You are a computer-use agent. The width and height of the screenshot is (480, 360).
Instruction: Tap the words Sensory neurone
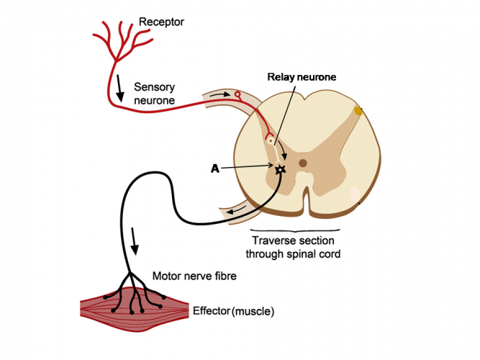click(x=154, y=94)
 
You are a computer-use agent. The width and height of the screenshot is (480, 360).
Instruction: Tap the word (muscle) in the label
click(x=253, y=312)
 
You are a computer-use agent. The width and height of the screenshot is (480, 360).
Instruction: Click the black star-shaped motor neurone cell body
click(x=280, y=170)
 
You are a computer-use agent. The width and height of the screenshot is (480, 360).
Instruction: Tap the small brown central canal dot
click(x=303, y=163)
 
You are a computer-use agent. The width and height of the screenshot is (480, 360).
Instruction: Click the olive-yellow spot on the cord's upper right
click(x=358, y=111)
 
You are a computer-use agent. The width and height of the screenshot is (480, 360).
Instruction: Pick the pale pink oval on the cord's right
click(x=356, y=194)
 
